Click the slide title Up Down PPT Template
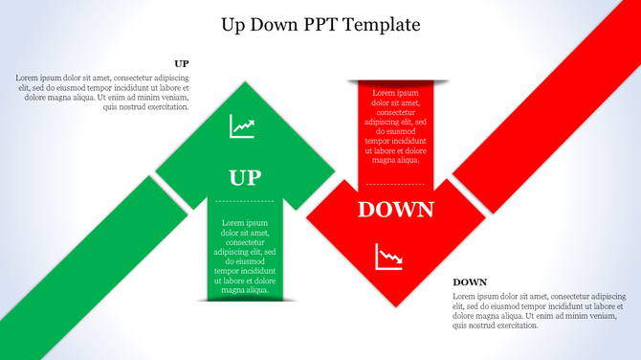click(x=320, y=23)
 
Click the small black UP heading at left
click(x=181, y=64)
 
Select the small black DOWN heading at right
click(x=470, y=282)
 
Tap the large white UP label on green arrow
click(x=245, y=177)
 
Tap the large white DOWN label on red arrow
click(x=395, y=210)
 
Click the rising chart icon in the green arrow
click(x=242, y=126)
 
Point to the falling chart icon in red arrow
click(x=388, y=257)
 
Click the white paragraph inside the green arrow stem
click(x=245, y=257)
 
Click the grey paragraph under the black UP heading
click(x=102, y=92)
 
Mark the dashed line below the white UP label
click(x=245, y=201)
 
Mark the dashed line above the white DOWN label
click(x=395, y=183)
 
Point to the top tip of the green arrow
click(x=246, y=84)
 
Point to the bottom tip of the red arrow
click(x=395, y=304)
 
